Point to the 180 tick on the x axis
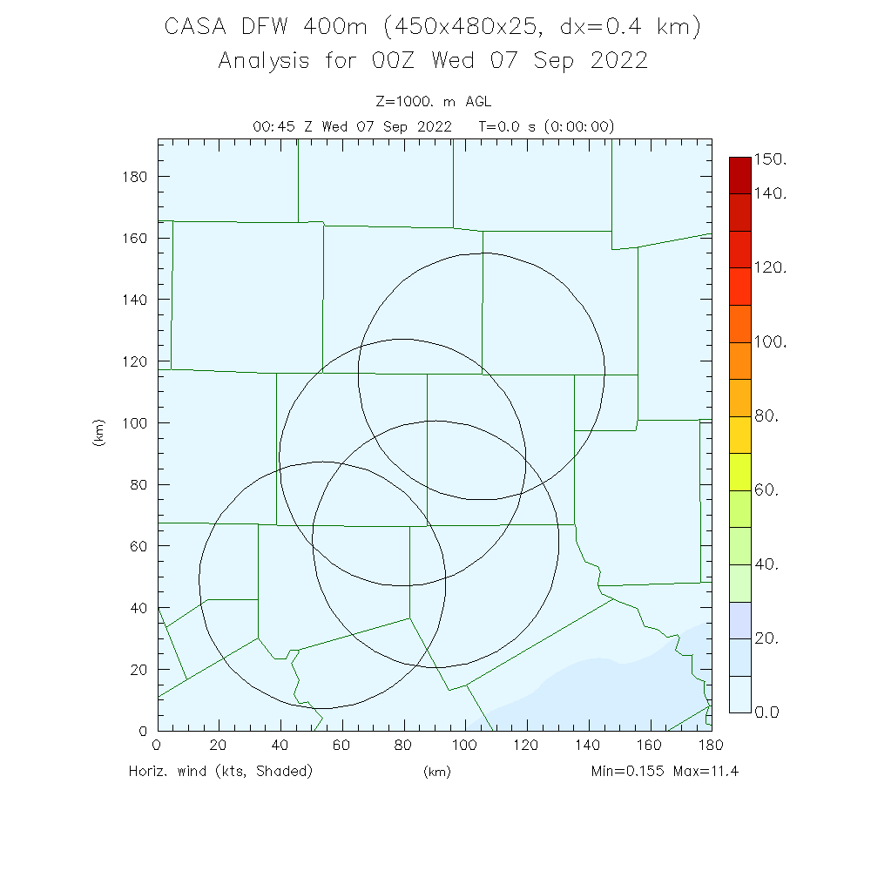coord(712,732)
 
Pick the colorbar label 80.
coord(766,416)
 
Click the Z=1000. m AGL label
coord(433,102)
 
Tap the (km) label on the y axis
coord(99,433)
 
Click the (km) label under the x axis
coord(436,773)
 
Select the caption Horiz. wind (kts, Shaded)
coord(220,771)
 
